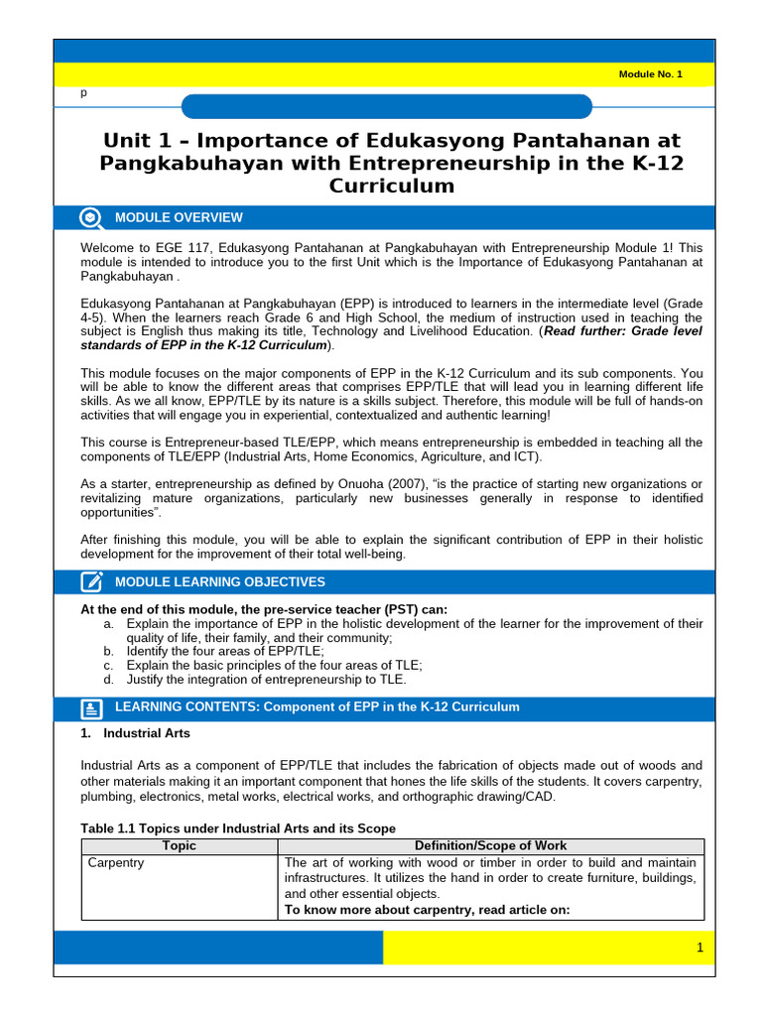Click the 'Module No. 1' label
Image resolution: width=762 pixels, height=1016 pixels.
[650, 74]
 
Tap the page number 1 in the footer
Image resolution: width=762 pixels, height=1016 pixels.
[699, 948]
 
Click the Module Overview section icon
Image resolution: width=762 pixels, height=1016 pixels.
[90, 217]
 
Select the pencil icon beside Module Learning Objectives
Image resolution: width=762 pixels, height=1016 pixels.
[91, 582]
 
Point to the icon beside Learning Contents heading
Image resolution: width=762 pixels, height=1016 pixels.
[91, 707]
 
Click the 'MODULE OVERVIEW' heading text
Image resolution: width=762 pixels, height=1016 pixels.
[179, 217]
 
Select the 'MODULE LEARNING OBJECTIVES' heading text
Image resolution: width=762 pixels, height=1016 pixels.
[219, 582]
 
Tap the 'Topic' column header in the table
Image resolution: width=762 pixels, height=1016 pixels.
[179, 846]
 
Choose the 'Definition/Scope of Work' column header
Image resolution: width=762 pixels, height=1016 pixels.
[491, 846]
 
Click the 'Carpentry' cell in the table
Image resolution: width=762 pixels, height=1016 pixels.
[116, 863]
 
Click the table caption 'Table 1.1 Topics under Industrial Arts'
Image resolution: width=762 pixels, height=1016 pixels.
[237, 828]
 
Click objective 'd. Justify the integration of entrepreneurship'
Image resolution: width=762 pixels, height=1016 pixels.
[265, 680]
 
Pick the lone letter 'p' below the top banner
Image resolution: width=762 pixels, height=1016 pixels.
[83, 92]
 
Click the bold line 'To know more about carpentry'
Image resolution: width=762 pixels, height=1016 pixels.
[427, 909]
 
